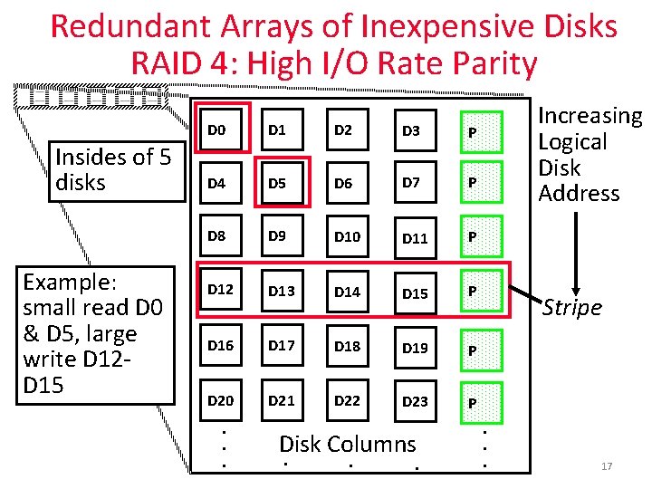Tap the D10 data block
pyautogui.click(x=348, y=237)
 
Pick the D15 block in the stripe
pyautogui.click(x=415, y=292)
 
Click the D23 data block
pyautogui.click(x=415, y=401)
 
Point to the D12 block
pyautogui.click(x=220, y=291)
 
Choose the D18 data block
pyautogui.click(x=348, y=346)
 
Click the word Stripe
pyautogui.click(x=571, y=308)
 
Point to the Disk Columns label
pyautogui.click(x=348, y=444)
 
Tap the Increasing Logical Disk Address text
pyautogui.click(x=590, y=154)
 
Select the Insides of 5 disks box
pyautogui.click(x=112, y=169)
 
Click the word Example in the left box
pyautogui.click(x=65, y=280)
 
